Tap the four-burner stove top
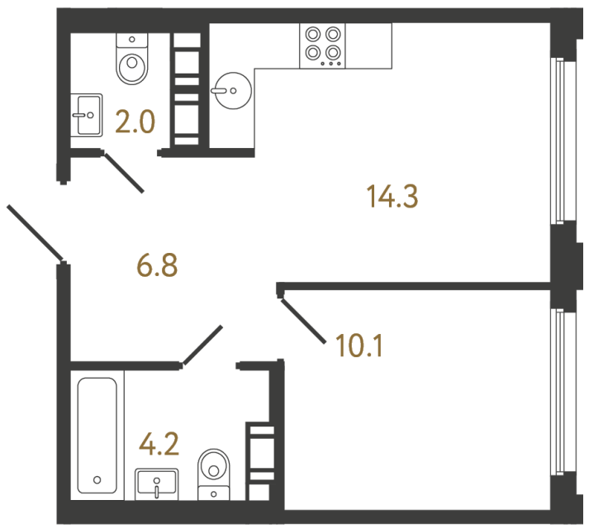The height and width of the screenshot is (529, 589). coord(323,44)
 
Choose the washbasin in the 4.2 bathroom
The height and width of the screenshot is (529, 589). coord(157,482)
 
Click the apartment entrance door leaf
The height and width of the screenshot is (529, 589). coord(36,231)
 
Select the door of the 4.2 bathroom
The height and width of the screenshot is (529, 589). coord(202,346)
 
